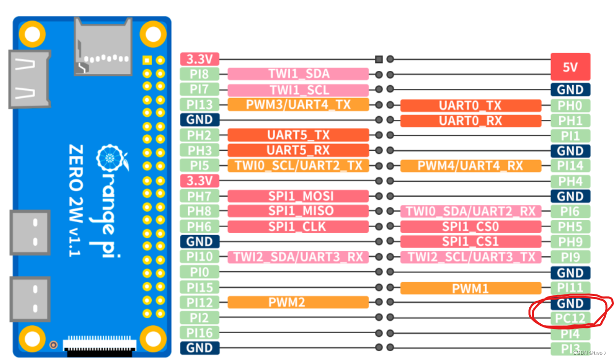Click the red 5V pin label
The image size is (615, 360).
[x=570, y=67]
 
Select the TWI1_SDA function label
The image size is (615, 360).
[x=298, y=74]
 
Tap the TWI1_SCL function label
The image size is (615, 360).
[x=298, y=89]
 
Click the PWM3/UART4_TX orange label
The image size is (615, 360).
[x=298, y=105]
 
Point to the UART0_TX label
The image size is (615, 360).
[x=470, y=105]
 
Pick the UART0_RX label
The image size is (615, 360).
[x=470, y=121]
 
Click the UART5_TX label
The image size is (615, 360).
[x=298, y=135]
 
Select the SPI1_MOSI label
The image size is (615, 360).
[x=298, y=196]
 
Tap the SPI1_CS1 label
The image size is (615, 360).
[x=470, y=242]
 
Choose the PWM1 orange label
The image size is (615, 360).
[x=470, y=288]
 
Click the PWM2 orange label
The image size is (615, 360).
[x=298, y=302]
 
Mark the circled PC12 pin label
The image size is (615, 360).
[x=570, y=318]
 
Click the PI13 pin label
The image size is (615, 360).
[x=200, y=105]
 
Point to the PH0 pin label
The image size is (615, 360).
[x=570, y=105]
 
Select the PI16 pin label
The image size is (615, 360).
[x=200, y=333]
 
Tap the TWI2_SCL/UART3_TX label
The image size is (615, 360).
[x=470, y=257]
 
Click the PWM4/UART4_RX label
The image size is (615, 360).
[x=470, y=166]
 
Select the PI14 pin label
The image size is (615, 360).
[x=570, y=166]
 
